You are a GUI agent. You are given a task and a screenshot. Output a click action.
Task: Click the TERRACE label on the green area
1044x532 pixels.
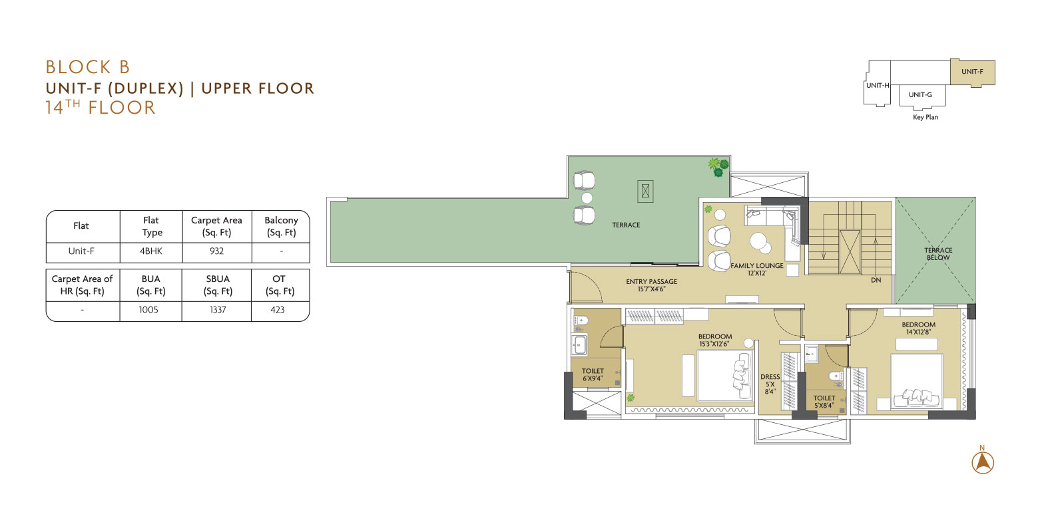(x=626, y=225)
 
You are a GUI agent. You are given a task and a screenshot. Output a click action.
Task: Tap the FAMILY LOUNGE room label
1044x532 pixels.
(x=757, y=269)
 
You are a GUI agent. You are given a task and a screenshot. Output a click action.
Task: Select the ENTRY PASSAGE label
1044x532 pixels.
(x=652, y=285)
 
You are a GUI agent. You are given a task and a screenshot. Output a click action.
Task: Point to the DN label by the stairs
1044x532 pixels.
(x=876, y=280)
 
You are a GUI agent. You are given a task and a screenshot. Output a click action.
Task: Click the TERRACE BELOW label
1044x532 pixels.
(x=938, y=253)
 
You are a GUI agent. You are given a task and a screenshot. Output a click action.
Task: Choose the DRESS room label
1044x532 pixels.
(x=770, y=384)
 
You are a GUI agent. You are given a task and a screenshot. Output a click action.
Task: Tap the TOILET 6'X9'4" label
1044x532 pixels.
(x=593, y=374)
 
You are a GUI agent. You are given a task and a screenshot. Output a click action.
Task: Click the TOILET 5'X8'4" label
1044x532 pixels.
(x=824, y=402)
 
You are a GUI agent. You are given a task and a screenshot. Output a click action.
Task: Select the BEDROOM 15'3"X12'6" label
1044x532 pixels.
(x=715, y=340)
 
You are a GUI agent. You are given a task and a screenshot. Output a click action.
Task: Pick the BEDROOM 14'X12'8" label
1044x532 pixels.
(x=919, y=328)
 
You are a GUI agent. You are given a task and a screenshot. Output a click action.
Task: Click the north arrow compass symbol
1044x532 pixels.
(x=983, y=460)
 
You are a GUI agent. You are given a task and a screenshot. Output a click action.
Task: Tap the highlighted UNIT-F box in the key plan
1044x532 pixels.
(x=973, y=72)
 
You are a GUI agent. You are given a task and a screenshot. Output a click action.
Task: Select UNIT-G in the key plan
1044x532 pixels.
(x=920, y=95)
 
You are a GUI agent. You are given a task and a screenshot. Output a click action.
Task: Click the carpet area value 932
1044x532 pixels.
(x=216, y=251)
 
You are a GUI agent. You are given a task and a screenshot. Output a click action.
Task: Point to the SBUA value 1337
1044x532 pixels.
(x=218, y=310)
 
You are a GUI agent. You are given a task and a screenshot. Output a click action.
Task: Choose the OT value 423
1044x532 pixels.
(x=277, y=310)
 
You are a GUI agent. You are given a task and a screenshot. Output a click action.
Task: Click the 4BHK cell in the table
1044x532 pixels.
(x=151, y=251)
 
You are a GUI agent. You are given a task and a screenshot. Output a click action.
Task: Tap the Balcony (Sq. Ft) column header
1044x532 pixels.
(x=281, y=226)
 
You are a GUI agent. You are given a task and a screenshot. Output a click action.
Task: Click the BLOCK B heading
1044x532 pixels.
(x=88, y=67)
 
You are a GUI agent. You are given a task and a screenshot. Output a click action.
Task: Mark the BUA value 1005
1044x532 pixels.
(x=148, y=310)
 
